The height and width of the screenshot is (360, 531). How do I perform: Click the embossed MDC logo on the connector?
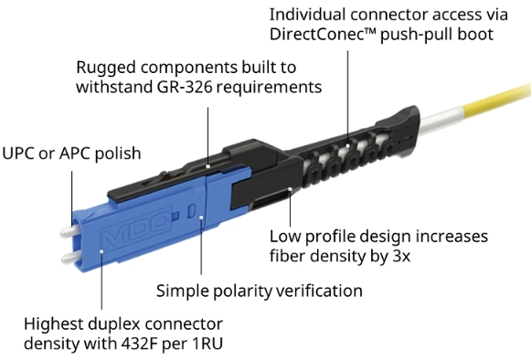click(135, 228)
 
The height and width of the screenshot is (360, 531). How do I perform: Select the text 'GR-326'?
click(185, 87)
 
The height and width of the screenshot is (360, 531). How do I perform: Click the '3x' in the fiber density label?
click(401, 256)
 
